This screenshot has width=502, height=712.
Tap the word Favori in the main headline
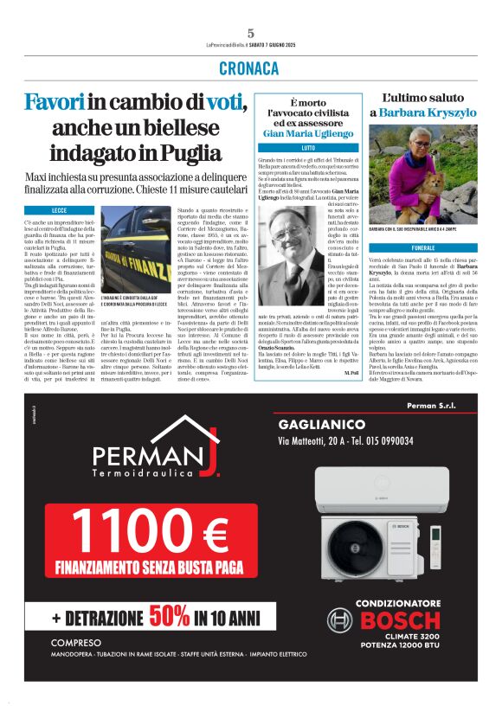tap(55, 102)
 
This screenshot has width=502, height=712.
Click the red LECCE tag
tap(59, 210)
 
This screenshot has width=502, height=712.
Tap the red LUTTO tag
tap(294, 149)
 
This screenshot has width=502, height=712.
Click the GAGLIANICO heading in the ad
tap(322, 425)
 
